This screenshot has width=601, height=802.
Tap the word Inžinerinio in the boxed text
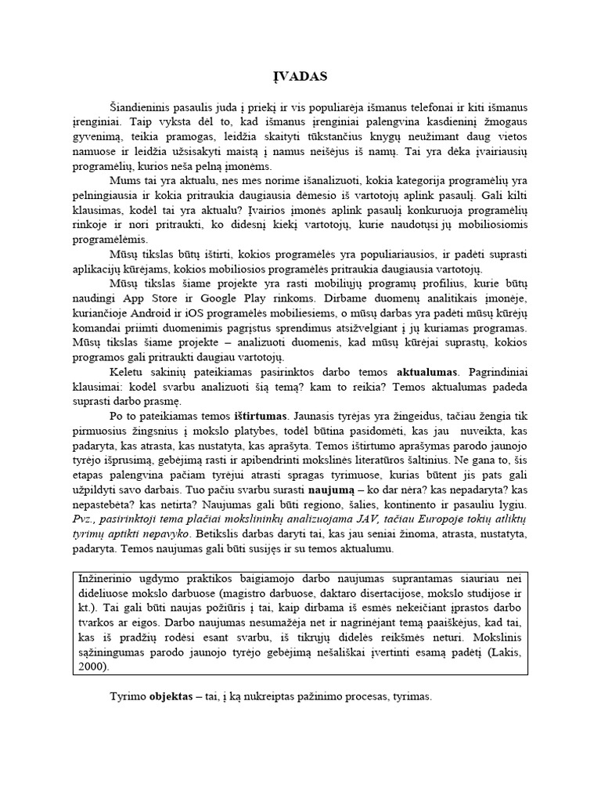(108, 579)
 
